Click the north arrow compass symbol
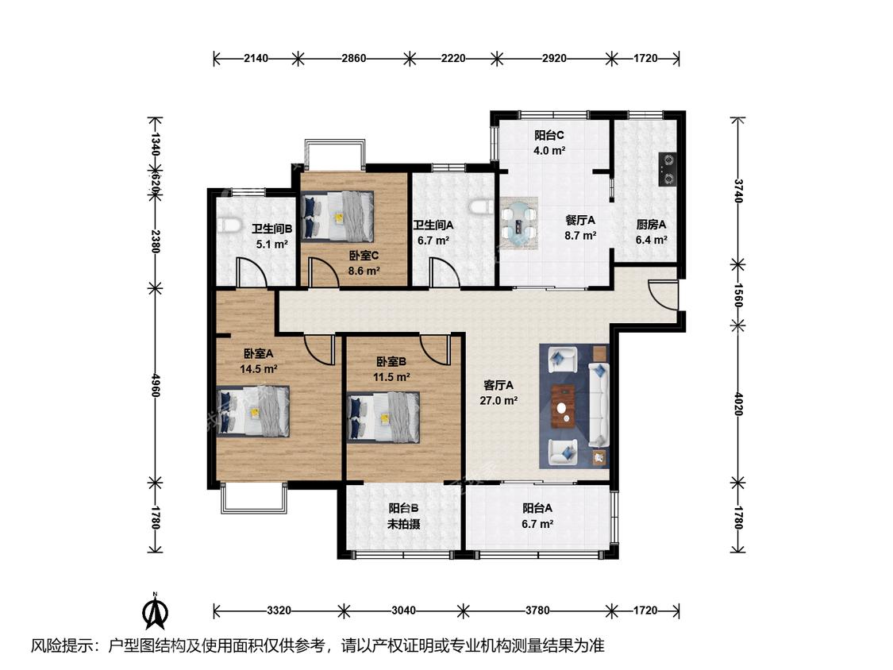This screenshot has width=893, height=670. (x=155, y=611)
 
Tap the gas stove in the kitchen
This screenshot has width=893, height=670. (x=667, y=170)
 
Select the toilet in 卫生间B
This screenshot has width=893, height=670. (x=229, y=225)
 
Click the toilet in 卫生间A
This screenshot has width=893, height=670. (x=482, y=206)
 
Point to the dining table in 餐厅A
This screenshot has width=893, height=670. (x=519, y=223)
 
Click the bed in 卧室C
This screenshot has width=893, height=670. (x=337, y=216)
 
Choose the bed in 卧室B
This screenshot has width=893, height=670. (x=383, y=417)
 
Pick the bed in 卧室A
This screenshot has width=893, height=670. (x=253, y=411)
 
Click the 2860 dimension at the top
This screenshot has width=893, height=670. (x=354, y=58)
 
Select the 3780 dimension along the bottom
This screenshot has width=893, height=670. (x=537, y=610)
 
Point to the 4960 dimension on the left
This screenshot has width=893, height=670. (x=155, y=385)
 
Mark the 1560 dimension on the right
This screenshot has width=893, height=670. (x=738, y=295)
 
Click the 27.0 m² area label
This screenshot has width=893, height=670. (x=498, y=401)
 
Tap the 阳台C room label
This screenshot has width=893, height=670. (x=549, y=136)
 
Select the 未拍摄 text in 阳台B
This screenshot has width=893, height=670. (x=404, y=524)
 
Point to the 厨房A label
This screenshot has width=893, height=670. (x=651, y=225)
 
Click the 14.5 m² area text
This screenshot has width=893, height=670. (x=259, y=369)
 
